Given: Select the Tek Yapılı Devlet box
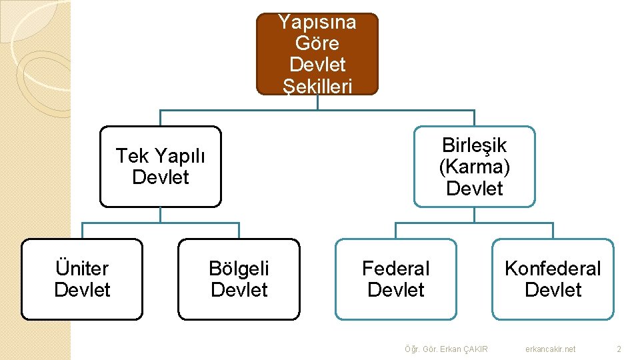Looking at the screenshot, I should [x=160, y=167].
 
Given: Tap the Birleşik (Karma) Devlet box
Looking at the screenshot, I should [x=474, y=167].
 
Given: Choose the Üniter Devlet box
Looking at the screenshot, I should [x=82, y=279].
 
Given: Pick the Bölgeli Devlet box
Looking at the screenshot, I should [x=239, y=279].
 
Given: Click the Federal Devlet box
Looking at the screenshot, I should [x=395, y=279].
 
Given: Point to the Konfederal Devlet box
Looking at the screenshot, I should [x=553, y=279].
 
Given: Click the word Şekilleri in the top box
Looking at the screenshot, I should [x=317, y=86].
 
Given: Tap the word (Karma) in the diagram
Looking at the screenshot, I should [x=474, y=167].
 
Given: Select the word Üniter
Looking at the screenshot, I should [x=82, y=269].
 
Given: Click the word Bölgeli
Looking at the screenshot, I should [x=239, y=269].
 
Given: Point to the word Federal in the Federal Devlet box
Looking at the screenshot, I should [x=395, y=269].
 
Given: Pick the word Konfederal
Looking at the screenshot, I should [x=553, y=269].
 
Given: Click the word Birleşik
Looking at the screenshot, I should [x=474, y=145].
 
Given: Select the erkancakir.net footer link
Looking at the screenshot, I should [x=550, y=349].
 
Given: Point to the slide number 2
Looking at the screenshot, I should [x=619, y=349].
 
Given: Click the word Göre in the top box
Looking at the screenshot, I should [x=317, y=44].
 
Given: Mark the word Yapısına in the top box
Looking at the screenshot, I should [x=317, y=23].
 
